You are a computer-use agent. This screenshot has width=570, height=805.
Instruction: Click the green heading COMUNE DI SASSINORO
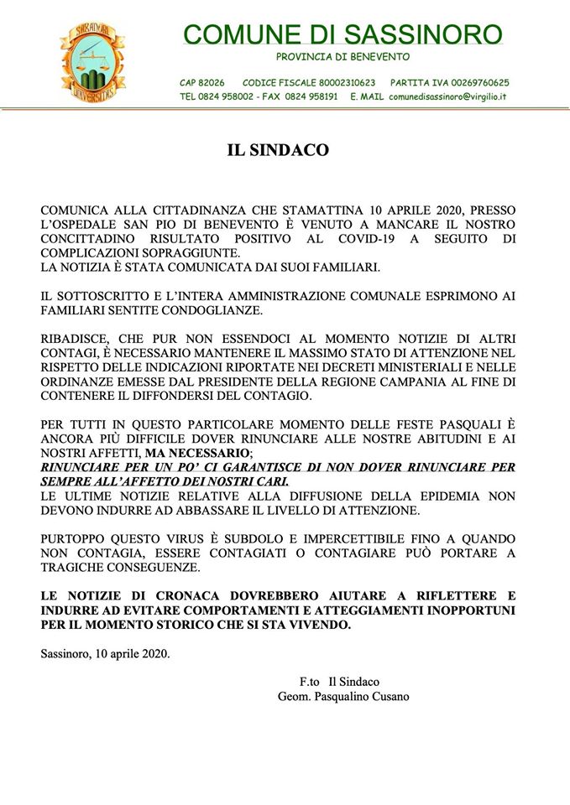click(x=343, y=34)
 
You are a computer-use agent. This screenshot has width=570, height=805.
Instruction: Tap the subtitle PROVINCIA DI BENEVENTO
click(x=343, y=57)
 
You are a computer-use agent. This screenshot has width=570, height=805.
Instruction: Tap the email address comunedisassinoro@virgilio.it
click(x=447, y=96)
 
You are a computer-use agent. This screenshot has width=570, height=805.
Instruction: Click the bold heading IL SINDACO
click(x=278, y=151)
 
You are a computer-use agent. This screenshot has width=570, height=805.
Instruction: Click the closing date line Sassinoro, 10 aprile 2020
click(x=105, y=653)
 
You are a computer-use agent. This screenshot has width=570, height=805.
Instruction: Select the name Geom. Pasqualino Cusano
click(x=343, y=696)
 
